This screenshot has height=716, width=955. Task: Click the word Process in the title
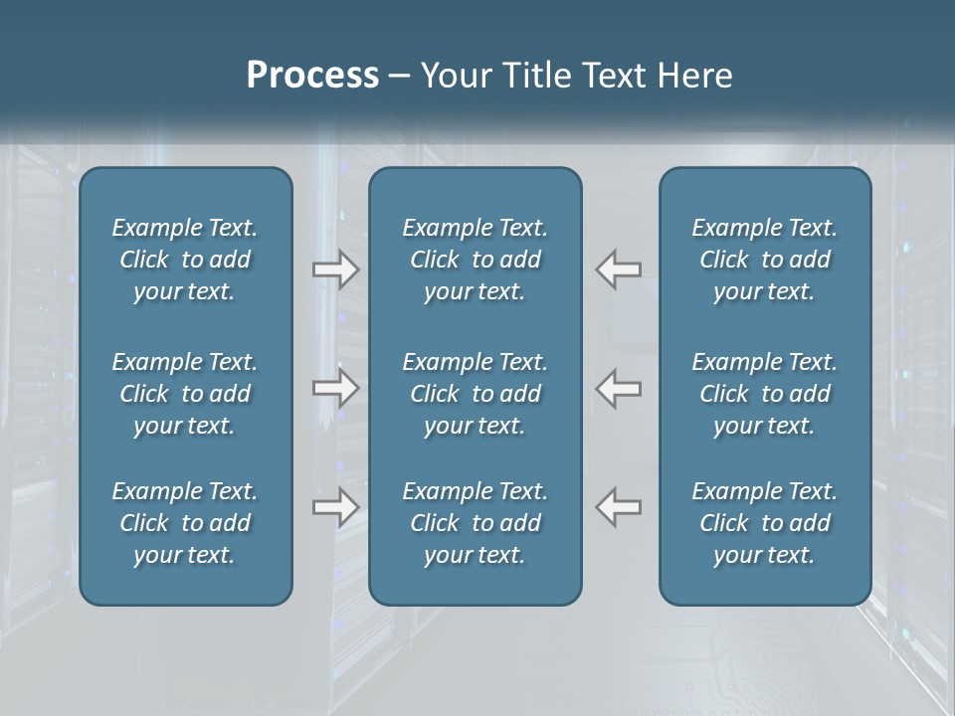click(312, 76)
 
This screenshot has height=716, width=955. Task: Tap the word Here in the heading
click(696, 76)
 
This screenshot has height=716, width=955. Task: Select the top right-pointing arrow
click(336, 269)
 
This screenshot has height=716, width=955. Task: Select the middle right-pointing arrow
click(336, 388)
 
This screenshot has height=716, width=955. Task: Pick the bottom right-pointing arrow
click(336, 506)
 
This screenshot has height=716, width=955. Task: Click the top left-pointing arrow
click(619, 269)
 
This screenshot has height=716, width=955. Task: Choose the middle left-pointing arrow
click(619, 388)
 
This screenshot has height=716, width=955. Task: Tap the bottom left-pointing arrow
click(619, 506)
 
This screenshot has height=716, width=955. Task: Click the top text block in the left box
click(185, 260)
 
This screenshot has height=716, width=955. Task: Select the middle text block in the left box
click(185, 394)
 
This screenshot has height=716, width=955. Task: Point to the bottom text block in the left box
click(185, 523)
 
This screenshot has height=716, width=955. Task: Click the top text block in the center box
click(476, 260)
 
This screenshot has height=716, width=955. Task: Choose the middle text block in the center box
click(476, 394)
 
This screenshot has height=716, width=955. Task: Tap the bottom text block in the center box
click(476, 523)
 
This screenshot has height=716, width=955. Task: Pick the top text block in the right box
click(765, 260)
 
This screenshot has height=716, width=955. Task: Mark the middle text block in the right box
click(765, 394)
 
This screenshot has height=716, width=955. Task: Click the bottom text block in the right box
click(765, 523)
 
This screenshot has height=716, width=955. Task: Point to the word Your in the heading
click(456, 76)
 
